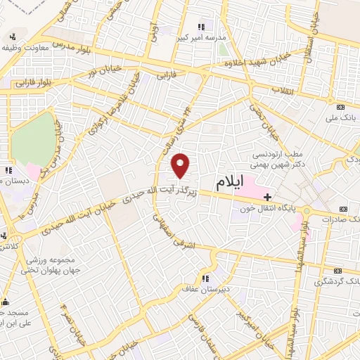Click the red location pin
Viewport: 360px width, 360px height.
coord(181,165)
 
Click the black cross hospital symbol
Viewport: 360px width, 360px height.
coord(267,198)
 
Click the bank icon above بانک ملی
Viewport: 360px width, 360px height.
coord(341,107)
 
